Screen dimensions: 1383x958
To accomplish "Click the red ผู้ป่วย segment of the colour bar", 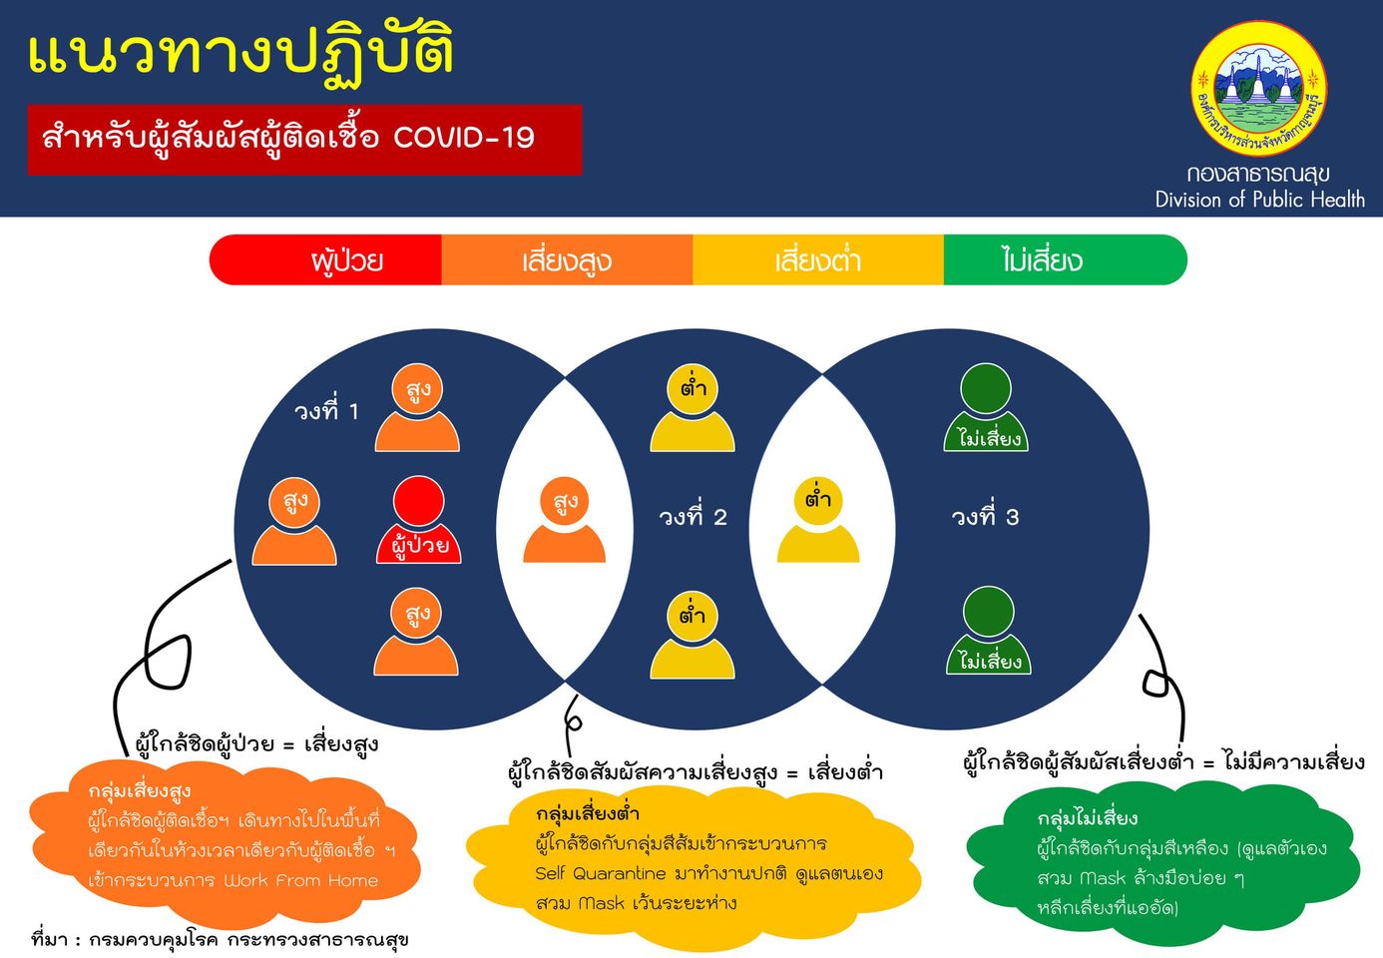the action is pyautogui.click(x=329, y=260).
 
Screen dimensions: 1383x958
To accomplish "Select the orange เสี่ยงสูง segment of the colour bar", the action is pyautogui.click(x=567, y=260).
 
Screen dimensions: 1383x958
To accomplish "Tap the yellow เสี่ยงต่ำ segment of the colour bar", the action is pyautogui.click(x=817, y=260).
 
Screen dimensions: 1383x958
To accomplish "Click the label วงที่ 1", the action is pyautogui.click(x=326, y=410).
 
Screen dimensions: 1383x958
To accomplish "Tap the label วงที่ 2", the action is pyautogui.click(x=692, y=517).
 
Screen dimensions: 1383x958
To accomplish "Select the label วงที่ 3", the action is pyautogui.click(x=985, y=517).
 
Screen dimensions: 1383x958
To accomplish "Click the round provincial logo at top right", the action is pyautogui.click(x=1259, y=89).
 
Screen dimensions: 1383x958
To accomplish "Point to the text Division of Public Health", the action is pyautogui.click(x=1259, y=200).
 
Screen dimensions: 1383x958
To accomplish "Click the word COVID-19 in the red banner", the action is pyautogui.click(x=464, y=137).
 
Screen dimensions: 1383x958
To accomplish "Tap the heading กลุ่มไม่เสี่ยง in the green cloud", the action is pyautogui.click(x=1088, y=818).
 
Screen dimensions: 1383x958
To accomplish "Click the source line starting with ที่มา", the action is pyautogui.click(x=220, y=939).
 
